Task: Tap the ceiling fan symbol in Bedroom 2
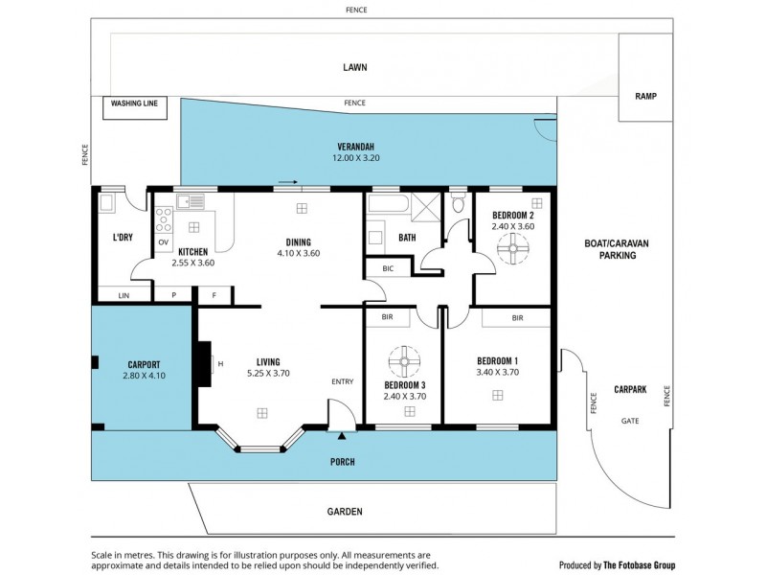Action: [512, 251]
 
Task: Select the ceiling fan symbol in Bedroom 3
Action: [405, 363]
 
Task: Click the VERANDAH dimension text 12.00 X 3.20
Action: [356, 157]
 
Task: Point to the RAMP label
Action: [645, 97]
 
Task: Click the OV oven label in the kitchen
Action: [163, 241]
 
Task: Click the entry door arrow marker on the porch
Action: [342, 436]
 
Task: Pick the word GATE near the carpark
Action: [630, 421]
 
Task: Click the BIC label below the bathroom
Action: [387, 269]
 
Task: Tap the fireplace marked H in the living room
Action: [204, 364]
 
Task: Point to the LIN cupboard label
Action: [123, 295]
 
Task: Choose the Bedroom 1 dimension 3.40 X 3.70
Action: [497, 373]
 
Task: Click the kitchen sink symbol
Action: [190, 201]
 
